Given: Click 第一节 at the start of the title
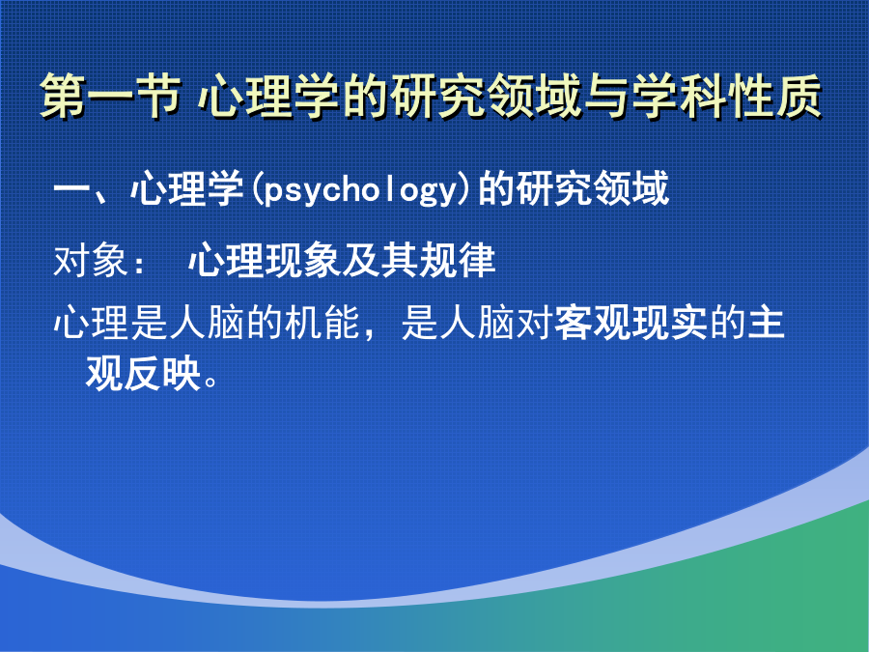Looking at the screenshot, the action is (x=111, y=96).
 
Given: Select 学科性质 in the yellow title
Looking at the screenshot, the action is (x=726, y=96).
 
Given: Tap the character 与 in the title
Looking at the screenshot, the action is (x=607, y=96).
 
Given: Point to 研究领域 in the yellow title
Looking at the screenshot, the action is (x=486, y=96).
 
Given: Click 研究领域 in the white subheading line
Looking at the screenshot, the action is (x=573, y=189).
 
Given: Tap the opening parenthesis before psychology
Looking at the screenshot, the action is (x=255, y=189).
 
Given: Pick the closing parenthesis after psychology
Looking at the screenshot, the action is (x=465, y=189).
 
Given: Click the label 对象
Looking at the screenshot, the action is (x=91, y=260).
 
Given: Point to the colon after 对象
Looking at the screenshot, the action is (x=137, y=263).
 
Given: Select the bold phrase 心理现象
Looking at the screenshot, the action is (x=265, y=260).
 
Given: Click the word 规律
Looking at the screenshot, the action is (x=457, y=260).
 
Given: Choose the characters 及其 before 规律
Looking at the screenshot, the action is (x=380, y=260).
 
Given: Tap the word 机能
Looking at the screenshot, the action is (x=322, y=323).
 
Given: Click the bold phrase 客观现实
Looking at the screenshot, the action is (x=631, y=323).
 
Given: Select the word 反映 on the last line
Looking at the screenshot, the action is (x=162, y=373).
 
